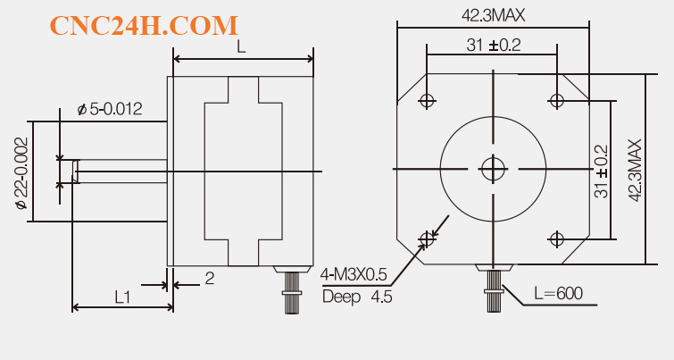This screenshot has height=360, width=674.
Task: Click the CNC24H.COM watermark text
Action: (144, 26)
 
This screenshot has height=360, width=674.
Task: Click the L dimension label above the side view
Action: (241, 47)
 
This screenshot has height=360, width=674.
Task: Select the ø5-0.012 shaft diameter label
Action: (111, 109)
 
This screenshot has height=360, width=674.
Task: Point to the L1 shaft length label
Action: (123, 295)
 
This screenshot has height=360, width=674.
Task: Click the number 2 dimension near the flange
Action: (209, 278)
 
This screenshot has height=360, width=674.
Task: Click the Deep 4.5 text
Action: (356, 297)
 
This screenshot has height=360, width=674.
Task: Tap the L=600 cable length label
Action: (557, 293)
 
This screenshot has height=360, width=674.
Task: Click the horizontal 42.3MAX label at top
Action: (493, 15)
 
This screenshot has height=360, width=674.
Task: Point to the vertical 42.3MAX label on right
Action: (635, 170)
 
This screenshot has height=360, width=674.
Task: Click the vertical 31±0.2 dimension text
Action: (601, 170)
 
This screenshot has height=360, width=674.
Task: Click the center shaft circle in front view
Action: (492, 169)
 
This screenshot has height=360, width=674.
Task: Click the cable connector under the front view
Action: (493, 288)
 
